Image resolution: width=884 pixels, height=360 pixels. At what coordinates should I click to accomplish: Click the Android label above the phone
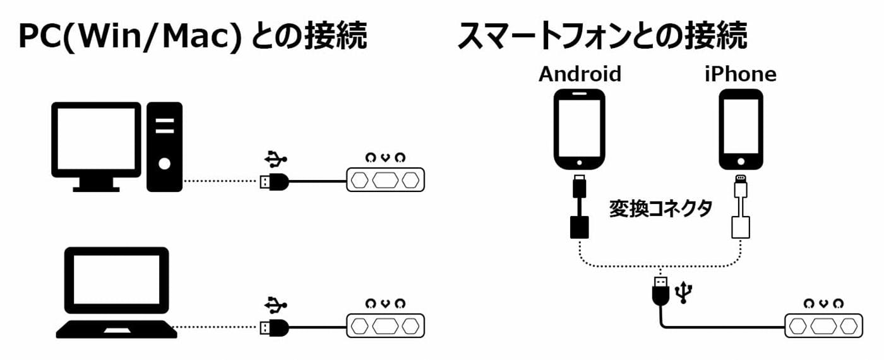click(580, 75)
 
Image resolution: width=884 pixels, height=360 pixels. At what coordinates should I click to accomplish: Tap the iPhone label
click(740, 75)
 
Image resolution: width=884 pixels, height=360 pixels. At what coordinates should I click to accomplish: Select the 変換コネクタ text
click(660, 209)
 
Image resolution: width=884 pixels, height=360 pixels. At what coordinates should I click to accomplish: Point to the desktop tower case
click(164, 147)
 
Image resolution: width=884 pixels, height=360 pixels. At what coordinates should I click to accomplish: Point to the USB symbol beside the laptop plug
click(275, 304)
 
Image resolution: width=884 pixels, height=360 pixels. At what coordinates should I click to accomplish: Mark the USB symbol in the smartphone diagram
click(683, 291)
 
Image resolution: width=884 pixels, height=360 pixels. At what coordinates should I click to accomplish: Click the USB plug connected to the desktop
click(274, 182)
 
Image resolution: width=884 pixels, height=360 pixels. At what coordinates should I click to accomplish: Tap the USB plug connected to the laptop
click(274, 327)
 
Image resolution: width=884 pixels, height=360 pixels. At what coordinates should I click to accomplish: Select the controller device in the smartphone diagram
click(823, 325)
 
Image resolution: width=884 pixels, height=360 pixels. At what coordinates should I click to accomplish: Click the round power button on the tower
click(164, 164)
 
